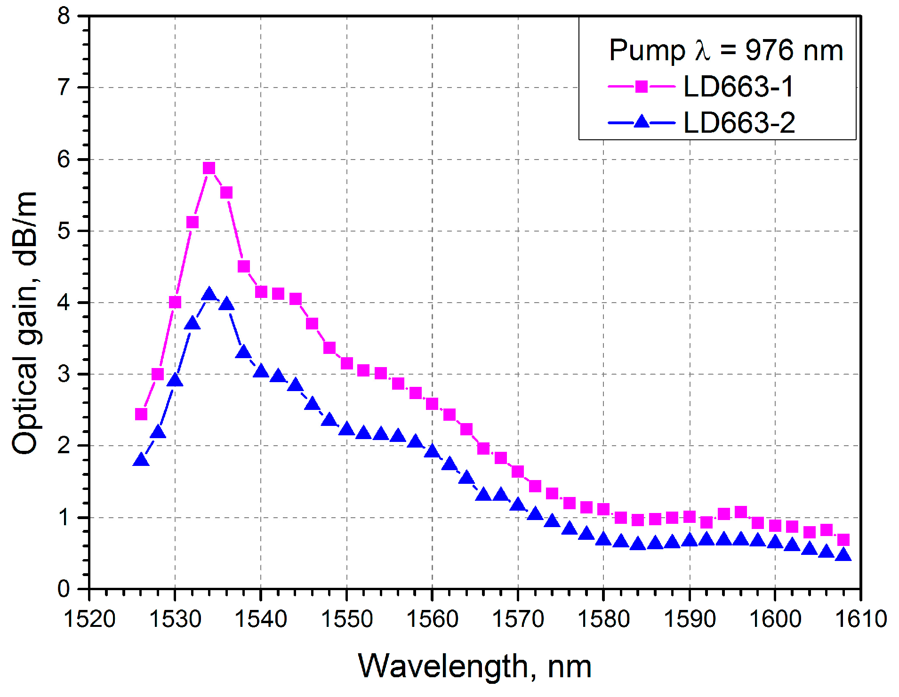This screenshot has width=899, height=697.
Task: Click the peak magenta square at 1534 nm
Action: pyautogui.click(x=209, y=168)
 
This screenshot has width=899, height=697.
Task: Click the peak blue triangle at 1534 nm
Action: pyautogui.click(x=209, y=295)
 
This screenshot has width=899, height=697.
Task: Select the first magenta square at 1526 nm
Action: pyautogui.click(x=141, y=414)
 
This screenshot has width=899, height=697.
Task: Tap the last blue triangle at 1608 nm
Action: pyautogui.click(x=843, y=555)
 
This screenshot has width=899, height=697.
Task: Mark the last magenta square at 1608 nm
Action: pyautogui.click(x=843, y=539)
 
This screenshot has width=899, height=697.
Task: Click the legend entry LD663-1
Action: pyautogui.click(x=738, y=87)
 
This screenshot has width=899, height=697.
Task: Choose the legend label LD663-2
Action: pyautogui.click(x=739, y=123)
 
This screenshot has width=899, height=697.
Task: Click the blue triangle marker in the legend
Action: pyautogui.click(x=641, y=122)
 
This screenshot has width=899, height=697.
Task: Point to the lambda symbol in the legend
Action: pyautogui.click(x=702, y=50)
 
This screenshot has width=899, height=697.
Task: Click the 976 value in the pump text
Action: pyautogui.click(x=769, y=50)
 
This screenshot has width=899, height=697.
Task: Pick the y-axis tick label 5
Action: pyautogui.click(x=64, y=231)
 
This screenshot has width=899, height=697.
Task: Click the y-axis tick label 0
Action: pyautogui.click(x=64, y=589)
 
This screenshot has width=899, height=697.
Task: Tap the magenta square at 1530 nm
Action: pyautogui.click(x=175, y=302)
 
